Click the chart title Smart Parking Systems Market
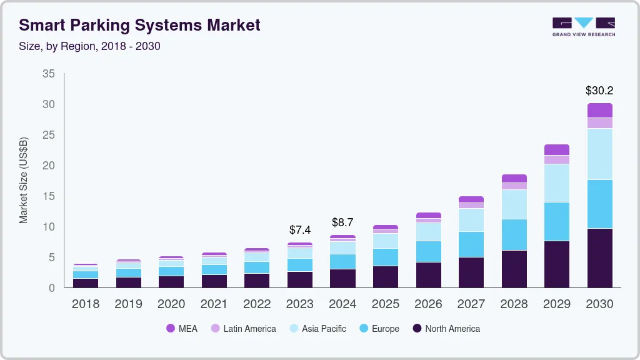(139, 25)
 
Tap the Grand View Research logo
(583, 27)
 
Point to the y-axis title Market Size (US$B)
(24, 180)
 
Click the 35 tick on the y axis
(48, 74)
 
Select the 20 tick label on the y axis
(48, 166)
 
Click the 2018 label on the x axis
(85, 304)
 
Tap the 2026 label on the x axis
(428, 304)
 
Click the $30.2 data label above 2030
(599, 91)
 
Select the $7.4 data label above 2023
(299, 230)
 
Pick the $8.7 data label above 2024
(342, 222)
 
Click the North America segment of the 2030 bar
(599, 257)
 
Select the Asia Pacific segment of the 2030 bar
(599, 154)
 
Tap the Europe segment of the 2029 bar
(556, 221)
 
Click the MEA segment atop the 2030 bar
(599, 111)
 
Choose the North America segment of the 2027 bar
(471, 272)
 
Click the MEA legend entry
(182, 329)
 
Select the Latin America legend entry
(243, 329)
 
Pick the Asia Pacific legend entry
(317, 329)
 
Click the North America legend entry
(446, 329)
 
